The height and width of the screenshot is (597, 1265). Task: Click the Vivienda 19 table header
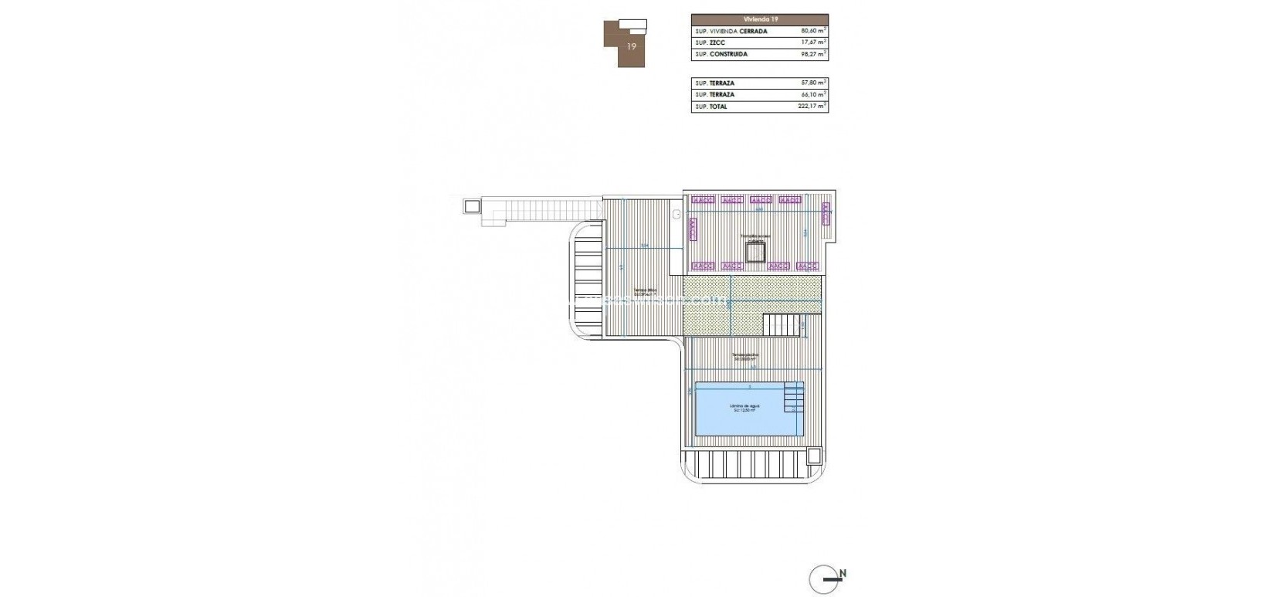pos(759,19)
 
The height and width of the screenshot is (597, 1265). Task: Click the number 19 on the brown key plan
pos(632,46)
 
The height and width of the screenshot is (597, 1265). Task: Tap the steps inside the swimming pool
pos(793,399)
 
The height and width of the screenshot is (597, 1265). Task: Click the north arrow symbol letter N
pos(843,573)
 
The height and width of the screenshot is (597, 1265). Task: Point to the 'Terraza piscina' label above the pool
pos(745,355)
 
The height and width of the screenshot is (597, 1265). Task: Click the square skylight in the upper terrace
pos(755,253)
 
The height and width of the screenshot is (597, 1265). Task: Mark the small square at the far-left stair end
pos(471,206)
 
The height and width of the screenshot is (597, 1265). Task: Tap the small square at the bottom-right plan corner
pos(813,456)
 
